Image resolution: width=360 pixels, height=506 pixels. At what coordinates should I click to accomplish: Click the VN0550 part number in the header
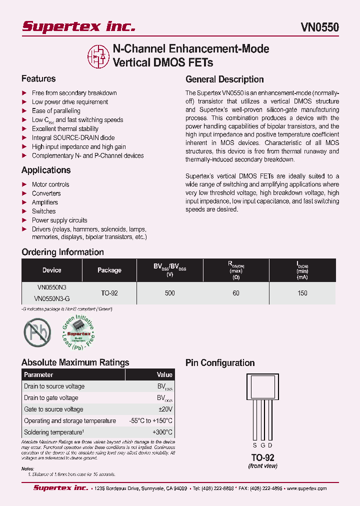click(319, 27)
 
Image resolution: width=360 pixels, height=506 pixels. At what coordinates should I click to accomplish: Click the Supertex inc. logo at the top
click(78, 26)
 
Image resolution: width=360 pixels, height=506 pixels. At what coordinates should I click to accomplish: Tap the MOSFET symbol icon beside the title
click(97, 56)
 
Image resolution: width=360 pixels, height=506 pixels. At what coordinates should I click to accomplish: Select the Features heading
click(38, 79)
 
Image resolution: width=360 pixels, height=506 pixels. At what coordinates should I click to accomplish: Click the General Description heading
click(224, 79)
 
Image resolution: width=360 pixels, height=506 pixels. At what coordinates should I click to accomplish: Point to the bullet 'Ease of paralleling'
click(56, 111)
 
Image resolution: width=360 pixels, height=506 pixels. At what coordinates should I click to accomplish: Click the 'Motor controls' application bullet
click(50, 184)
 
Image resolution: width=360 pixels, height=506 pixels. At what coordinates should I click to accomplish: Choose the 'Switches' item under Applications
click(44, 211)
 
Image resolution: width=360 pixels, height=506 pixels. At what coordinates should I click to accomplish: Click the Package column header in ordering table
click(109, 270)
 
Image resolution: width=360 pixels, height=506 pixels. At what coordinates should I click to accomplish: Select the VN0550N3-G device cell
click(51, 298)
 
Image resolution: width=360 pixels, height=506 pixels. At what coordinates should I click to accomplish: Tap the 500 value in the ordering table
click(169, 293)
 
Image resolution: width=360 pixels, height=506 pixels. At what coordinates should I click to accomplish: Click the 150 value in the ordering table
click(302, 293)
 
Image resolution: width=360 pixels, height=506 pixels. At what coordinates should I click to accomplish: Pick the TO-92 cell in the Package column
click(109, 293)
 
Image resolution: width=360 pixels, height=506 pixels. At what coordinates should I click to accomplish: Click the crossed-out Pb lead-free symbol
click(37, 333)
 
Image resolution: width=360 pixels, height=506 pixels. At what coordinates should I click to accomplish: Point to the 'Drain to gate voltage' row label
click(51, 398)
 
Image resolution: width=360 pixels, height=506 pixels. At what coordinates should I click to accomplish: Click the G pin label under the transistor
click(262, 445)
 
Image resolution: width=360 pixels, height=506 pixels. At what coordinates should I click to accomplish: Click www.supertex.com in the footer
click(306, 488)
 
